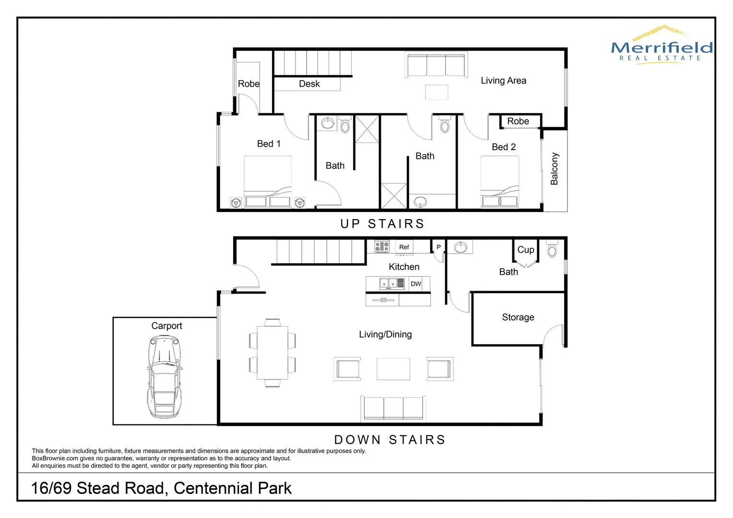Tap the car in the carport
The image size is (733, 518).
165,376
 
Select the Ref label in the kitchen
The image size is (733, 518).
404,247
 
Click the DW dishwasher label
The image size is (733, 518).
416,284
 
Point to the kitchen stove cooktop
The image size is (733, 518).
382,247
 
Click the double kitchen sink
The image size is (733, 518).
388,283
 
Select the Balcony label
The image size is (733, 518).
554,169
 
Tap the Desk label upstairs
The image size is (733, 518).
309,84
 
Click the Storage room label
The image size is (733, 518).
518,317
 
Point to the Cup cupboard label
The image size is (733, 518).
525,249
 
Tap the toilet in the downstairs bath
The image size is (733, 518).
552,249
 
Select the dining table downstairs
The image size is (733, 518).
272,353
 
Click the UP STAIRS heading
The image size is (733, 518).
382,224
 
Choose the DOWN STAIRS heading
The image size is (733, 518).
390,440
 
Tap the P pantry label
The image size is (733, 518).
438,247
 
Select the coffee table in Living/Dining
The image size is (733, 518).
393,369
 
